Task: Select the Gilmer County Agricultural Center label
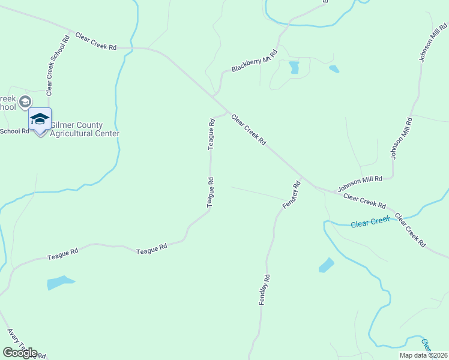coord(85,129)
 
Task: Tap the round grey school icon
coord(25,101)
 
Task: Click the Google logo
coord(20,353)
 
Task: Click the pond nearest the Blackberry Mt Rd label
coord(294,67)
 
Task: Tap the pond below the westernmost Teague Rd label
coord(59,282)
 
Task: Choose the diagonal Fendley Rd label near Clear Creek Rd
coord(291,196)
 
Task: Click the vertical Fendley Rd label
coord(265,290)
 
